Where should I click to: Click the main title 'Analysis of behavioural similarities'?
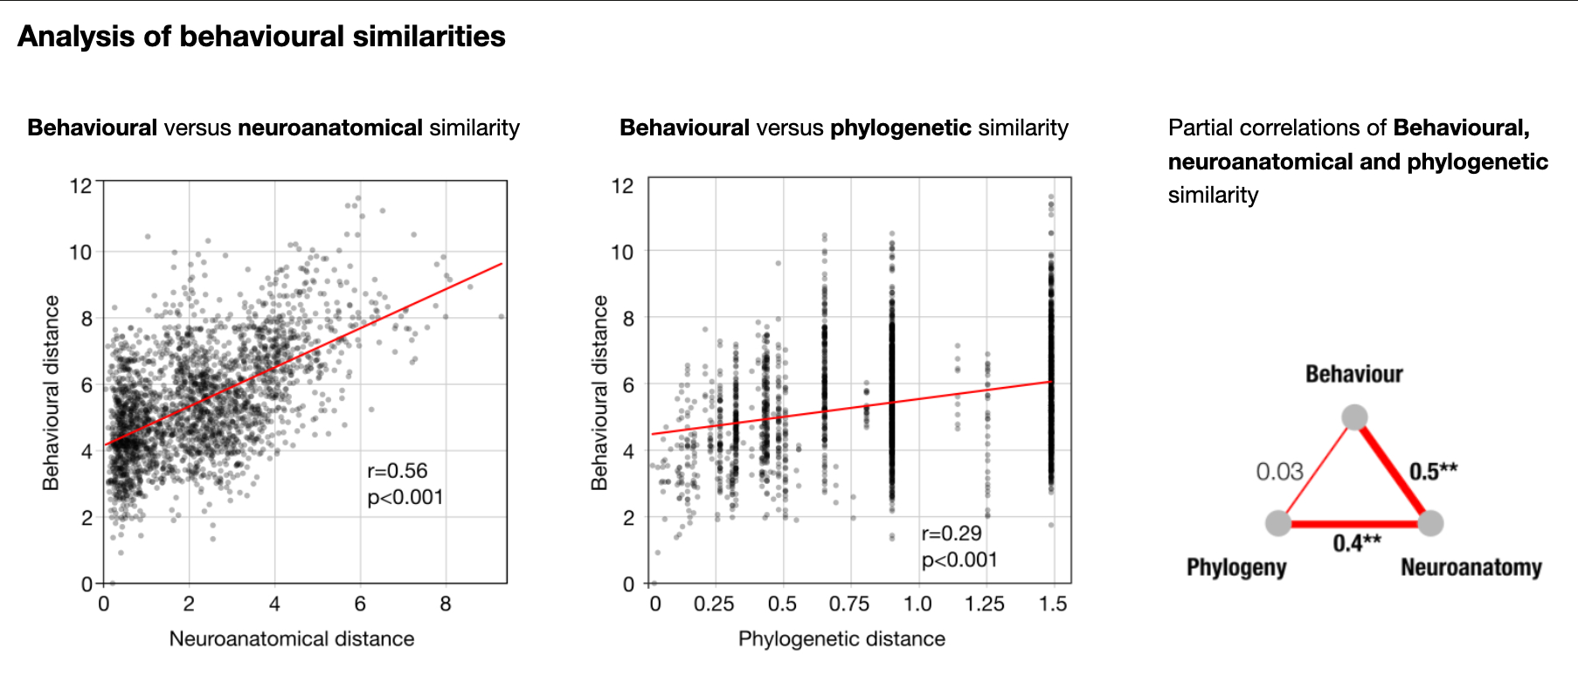pos(261,37)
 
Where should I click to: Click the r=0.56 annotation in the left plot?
pos(398,472)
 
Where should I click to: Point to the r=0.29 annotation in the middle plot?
pos(952,534)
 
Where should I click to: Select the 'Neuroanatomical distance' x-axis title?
pos(292,638)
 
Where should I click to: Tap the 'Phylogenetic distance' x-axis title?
pos(841,638)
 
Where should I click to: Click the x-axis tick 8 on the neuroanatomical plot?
pos(446,604)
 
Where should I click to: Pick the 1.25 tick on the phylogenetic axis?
pos(985,604)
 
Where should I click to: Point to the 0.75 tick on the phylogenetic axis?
pos(849,604)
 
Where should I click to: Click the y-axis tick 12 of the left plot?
pos(80,185)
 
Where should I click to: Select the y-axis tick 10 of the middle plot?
pos(621,252)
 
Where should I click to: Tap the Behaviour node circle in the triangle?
pos(1354,417)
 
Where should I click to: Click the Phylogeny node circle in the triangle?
pos(1278,523)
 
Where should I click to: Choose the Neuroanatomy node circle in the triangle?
pos(1430,523)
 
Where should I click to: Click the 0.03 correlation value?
pos(1279,472)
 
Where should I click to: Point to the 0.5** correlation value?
pos(1433,472)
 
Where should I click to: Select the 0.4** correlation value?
pos(1356,543)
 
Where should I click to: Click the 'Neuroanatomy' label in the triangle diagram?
pos(1471,568)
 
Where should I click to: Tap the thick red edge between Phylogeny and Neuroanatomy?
pos(1354,524)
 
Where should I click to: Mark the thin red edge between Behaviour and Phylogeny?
pos(1316,471)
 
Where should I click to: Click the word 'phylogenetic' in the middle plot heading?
pos(900,128)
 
